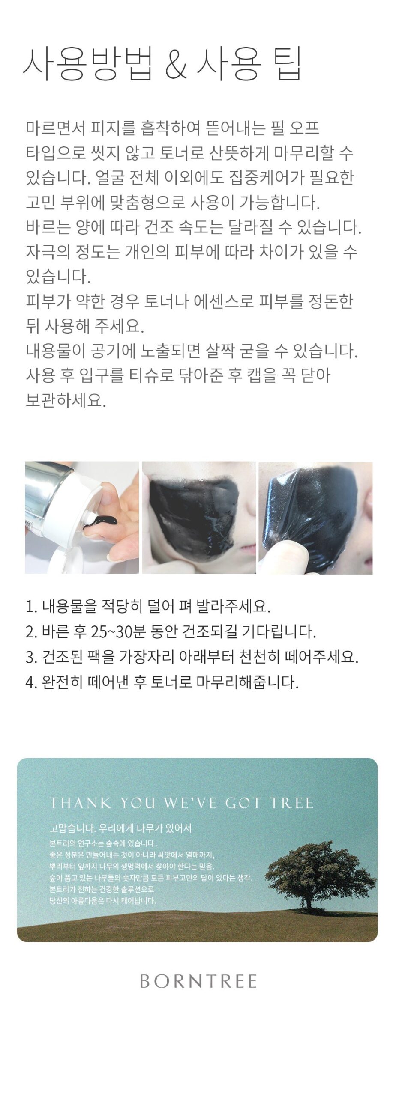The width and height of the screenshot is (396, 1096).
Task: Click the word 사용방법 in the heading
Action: click(88, 64)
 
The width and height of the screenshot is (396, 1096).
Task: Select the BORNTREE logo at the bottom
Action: click(198, 981)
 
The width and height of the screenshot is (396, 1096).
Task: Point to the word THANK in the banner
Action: click(80, 803)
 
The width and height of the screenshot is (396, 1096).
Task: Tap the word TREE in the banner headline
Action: click(292, 803)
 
